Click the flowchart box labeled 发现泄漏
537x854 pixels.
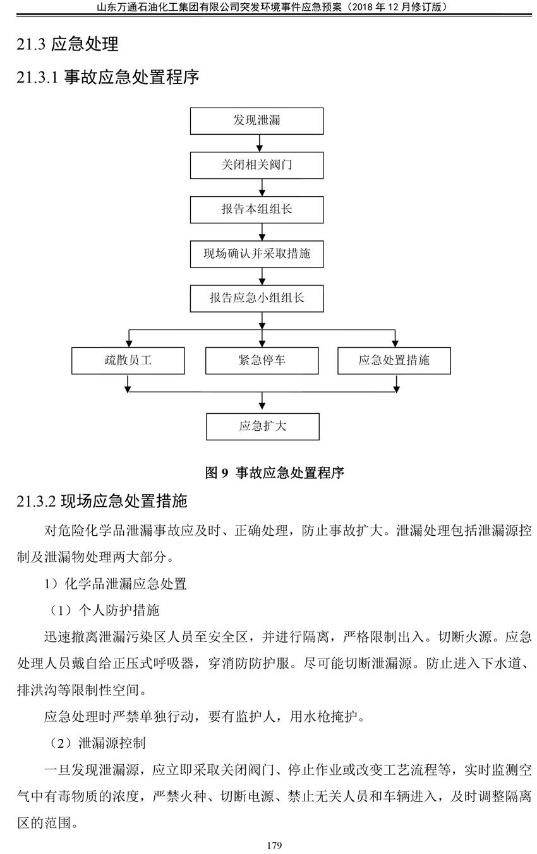click(x=256, y=121)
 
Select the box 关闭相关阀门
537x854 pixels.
click(x=256, y=166)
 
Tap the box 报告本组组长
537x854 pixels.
click(x=256, y=209)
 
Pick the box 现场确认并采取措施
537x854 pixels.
click(x=256, y=254)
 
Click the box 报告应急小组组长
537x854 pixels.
click(x=256, y=298)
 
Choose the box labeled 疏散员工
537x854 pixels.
click(x=128, y=361)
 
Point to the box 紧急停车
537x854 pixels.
click(x=262, y=361)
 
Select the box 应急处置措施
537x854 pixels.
click(x=394, y=361)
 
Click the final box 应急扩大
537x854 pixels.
click(x=263, y=426)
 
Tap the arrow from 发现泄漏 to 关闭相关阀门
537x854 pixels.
click(x=260, y=144)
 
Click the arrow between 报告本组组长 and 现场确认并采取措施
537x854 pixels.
click(x=262, y=232)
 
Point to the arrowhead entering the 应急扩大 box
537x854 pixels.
click(x=262, y=405)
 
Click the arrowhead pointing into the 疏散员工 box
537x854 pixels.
click(x=129, y=343)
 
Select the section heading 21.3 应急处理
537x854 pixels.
click(x=68, y=44)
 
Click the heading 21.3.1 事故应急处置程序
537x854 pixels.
click(x=108, y=77)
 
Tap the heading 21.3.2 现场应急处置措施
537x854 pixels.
click(x=102, y=501)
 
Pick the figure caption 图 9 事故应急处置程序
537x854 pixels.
click(x=274, y=473)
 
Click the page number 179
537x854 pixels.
click(x=274, y=845)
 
